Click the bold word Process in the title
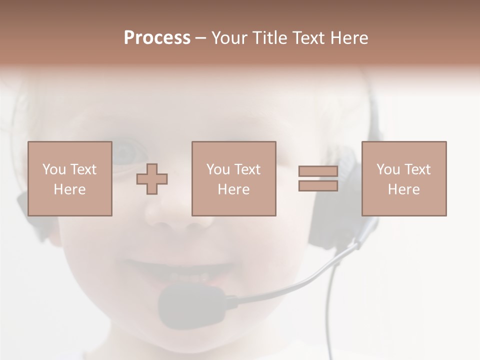(x=157, y=38)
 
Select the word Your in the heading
(x=230, y=38)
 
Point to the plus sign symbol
(x=152, y=179)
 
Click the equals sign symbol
(x=318, y=178)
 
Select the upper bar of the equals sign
(x=318, y=171)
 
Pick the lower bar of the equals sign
(x=318, y=185)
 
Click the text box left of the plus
(x=69, y=178)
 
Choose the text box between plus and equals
(x=233, y=178)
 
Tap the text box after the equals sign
(x=403, y=178)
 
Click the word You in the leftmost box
(x=54, y=169)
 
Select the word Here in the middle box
(x=233, y=189)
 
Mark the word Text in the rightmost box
(x=417, y=169)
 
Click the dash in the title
(x=201, y=38)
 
